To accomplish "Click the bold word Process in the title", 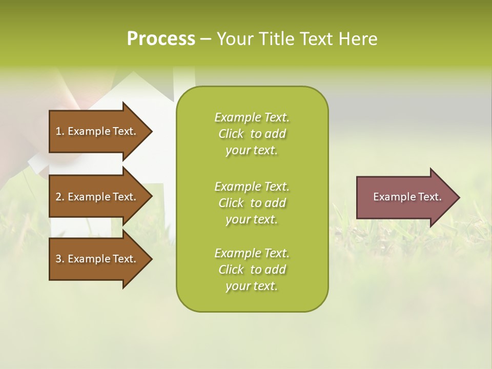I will [x=161, y=39].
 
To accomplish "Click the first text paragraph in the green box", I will [x=252, y=134].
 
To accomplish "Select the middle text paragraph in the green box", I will [x=252, y=203].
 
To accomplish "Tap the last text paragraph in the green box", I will [x=252, y=270].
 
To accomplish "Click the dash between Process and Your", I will [x=206, y=39].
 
